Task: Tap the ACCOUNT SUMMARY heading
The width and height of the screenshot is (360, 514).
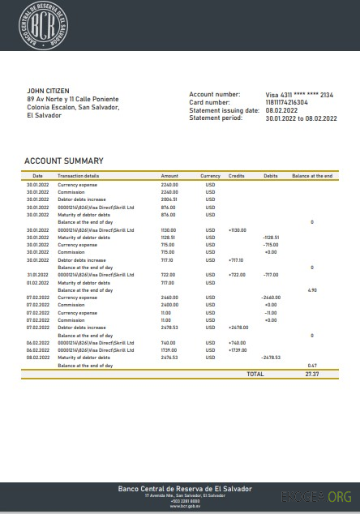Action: pyautogui.click(x=63, y=161)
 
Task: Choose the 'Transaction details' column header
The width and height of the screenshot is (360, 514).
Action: pyautogui.click(x=79, y=176)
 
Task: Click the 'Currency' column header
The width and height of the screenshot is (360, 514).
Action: pyautogui.click(x=210, y=176)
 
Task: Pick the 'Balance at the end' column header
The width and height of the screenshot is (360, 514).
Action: pyautogui.click(x=312, y=176)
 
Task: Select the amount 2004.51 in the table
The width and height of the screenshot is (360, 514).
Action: pyautogui.click(x=169, y=199)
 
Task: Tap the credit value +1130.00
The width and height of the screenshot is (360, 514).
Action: pyautogui.click(x=237, y=229)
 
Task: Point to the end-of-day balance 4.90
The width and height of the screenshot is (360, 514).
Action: pyautogui.click(x=312, y=289)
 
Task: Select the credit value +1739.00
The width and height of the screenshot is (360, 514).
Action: pyautogui.click(x=238, y=349)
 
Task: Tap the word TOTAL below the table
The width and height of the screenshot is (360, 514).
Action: pyautogui.click(x=255, y=375)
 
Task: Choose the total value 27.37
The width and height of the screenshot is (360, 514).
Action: pyautogui.click(x=312, y=375)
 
